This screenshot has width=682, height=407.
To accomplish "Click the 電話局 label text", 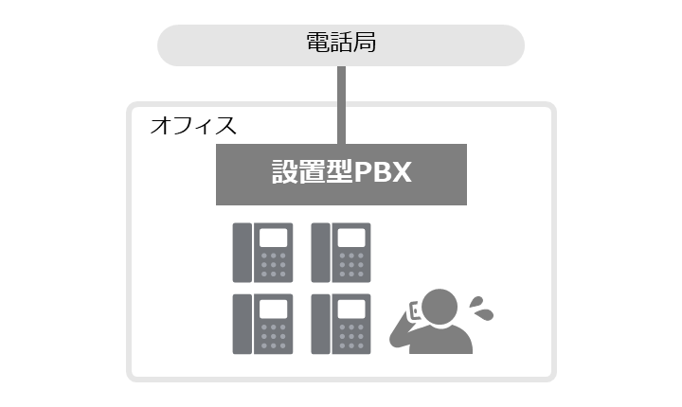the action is [x=341, y=43].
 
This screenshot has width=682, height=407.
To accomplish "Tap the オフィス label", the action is [x=193, y=126].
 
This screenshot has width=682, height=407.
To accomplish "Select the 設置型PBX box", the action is [x=341, y=174].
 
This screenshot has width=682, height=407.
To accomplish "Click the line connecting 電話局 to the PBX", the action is [x=341, y=105].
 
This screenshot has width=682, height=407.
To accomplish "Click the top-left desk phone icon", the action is [x=262, y=253].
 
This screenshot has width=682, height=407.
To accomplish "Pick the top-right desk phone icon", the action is [x=341, y=253].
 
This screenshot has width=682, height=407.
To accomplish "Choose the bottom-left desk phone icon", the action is [x=262, y=324].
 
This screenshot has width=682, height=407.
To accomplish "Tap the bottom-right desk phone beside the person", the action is [x=341, y=324].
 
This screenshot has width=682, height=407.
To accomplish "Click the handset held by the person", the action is [x=414, y=311].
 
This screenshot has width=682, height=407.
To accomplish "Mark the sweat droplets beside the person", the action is [x=480, y=309].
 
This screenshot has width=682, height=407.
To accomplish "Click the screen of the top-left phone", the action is [x=273, y=238].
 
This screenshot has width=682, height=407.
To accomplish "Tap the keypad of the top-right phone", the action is [x=351, y=265].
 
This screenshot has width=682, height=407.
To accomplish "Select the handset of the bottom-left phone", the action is [x=242, y=324].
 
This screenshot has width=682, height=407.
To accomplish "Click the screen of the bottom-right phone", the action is [x=351, y=310].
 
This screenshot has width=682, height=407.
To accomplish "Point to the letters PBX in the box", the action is [x=383, y=172].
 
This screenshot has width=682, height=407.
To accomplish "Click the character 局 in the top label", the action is [x=365, y=43].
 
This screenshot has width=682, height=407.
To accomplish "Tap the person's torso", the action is [x=440, y=339].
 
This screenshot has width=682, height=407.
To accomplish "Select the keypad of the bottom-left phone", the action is [x=273, y=336].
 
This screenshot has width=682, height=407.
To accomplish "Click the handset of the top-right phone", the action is [x=320, y=253].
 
